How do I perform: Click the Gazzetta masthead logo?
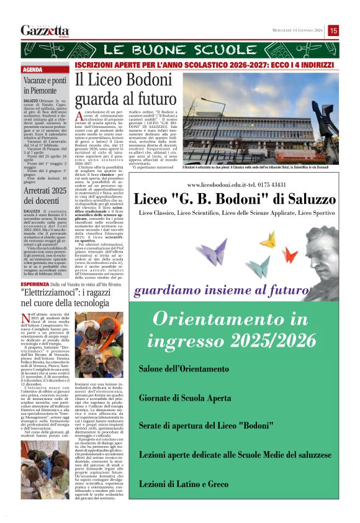(x=45, y=30)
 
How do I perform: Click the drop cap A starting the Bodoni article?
(x=79, y=117)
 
